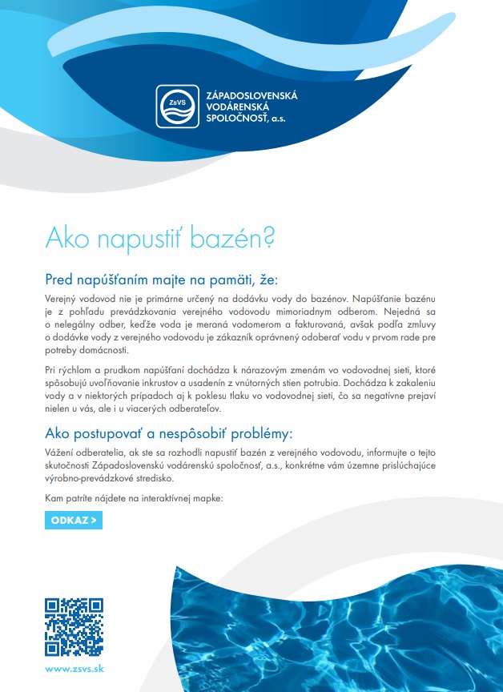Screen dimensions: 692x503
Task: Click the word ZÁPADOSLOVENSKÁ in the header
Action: [251, 95]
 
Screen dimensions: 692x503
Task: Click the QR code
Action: [74, 626]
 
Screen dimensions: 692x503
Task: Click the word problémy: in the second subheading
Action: [255, 433]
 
